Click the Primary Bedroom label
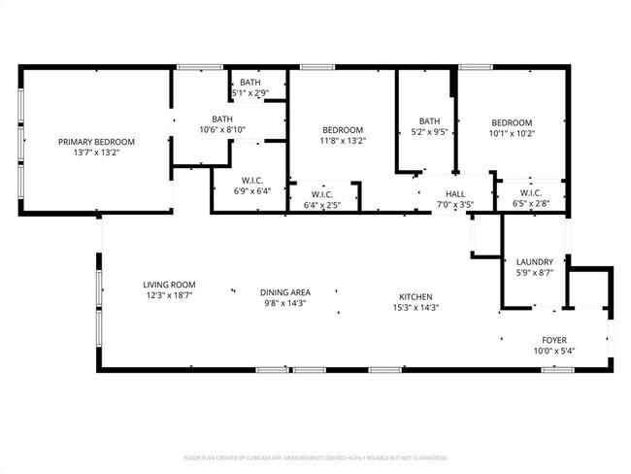[95, 142]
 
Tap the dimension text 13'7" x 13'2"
[95, 152]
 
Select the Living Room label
[170, 284]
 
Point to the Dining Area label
[285, 292]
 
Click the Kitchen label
[415, 297]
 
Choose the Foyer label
[554, 340]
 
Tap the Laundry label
[535, 262]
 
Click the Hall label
[454, 193]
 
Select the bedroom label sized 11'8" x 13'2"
[343, 130]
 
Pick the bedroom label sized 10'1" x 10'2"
[511, 123]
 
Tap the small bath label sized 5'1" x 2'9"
[250, 84]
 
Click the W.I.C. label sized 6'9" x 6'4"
[253, 181]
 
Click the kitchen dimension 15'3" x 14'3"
[415, 308]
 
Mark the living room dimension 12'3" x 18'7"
[170, 294]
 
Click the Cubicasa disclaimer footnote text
[315, 457]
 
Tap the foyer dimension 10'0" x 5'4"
[554, 351]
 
